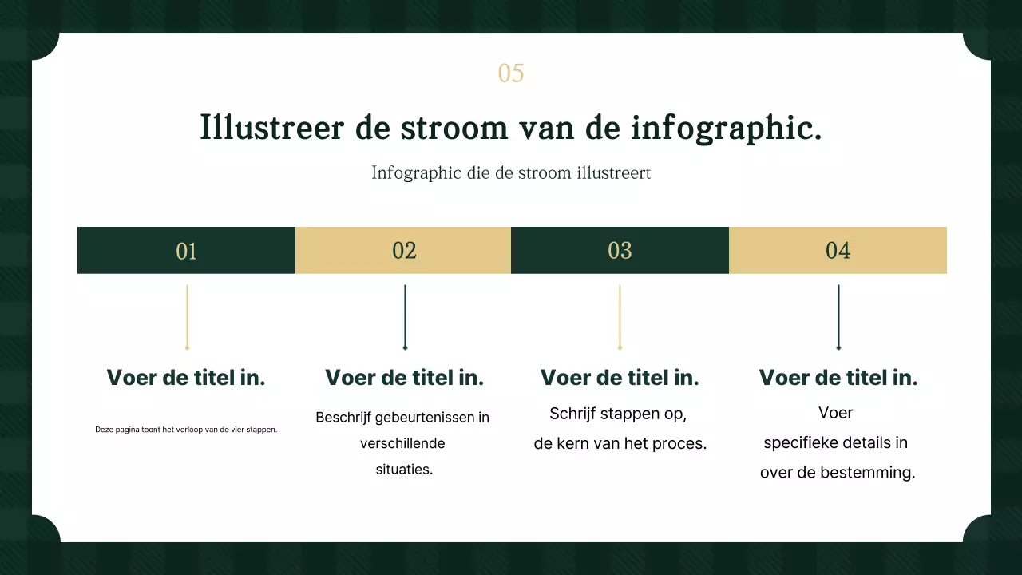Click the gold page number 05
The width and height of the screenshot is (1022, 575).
pyautogui.click(x=511, y=73)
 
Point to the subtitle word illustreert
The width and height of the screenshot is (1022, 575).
pyautogui.click(x=611, y=172)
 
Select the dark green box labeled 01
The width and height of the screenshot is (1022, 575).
pyautogui.click(x=186, y=251)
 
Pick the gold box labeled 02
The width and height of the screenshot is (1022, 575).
pyautogui.click(x=404, y=251)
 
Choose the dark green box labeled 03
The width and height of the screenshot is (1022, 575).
pyautogui.click(x=620, y=251)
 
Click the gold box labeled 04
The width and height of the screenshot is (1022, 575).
pyautogui.click(x=838, y=251)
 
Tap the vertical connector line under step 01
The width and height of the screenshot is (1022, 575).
pyautogui.click(x=187, y=316)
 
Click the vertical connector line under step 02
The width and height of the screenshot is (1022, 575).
pyautogui.click(x=405, y=316)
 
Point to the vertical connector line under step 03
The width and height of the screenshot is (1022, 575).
pyautogui.click(x=620, y=316)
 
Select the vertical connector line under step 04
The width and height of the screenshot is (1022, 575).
pyautogui.click(x=838, y=316)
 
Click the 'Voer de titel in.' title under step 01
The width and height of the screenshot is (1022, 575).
pyautogui.click(x=186, y=378)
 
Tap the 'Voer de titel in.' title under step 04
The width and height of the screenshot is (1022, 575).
pyautogui.click(x=838, y=378)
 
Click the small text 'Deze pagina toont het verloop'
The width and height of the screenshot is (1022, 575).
pyautogui.click(x=186, y=430)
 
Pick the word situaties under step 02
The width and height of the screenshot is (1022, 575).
pyautogui.click(x=404, y=470)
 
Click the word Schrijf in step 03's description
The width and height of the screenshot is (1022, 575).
pyautogui.click(x=572, y=414)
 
